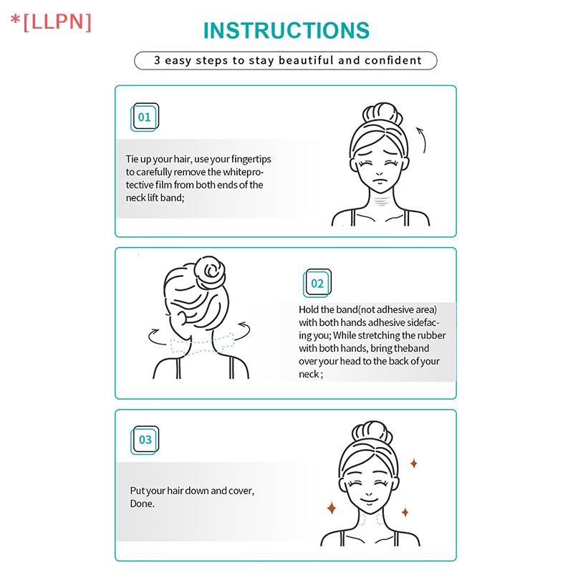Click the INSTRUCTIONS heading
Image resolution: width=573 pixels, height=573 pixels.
pyautogui.click(x=286, y=30)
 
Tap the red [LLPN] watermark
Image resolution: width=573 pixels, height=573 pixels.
pyautogui.click(x=51, y=22)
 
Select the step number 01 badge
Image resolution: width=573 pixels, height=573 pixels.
pyautogui.click(x=145, y=117)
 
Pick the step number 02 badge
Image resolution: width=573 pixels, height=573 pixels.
pyautogui.click(x=317, y=283)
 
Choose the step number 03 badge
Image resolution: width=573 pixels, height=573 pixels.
pyautogui.click(x=145, y=440)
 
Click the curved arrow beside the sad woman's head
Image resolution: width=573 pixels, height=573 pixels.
pyautogui.click(x=423, y=139)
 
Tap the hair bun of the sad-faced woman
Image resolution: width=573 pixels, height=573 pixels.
pyautogui.click(x=382, y=114)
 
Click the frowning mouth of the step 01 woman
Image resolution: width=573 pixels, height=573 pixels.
pyautogui.click(x=380, y=182)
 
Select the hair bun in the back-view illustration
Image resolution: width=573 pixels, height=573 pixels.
pyautogui.click(x=209, y=273)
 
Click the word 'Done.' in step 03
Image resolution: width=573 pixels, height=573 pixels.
pyautogui.click(x=142, y=504)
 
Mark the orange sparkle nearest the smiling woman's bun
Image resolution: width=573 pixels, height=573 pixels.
pyautogui.click(x=414, y=463)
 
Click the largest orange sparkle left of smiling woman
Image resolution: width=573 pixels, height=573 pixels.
pyautogui.click(x=332, y=508)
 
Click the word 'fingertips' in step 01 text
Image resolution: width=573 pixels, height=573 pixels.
pyautogui.click(x=251, y=159)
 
